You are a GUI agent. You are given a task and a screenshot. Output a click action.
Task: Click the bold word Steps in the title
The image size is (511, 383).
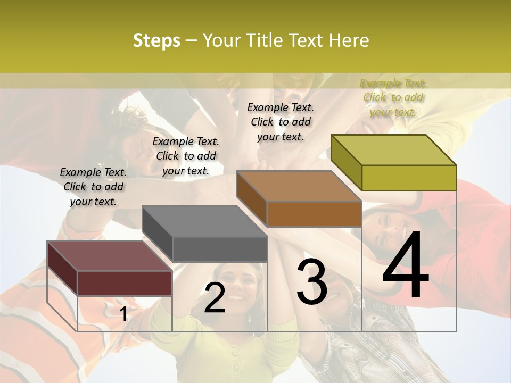(x=156, y=40)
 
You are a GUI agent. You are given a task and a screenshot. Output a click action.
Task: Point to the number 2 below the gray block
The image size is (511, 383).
(x=215, y=298)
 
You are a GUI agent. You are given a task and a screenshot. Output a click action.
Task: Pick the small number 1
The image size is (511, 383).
(x=123, y=314)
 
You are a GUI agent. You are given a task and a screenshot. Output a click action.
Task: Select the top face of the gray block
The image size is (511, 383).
(x=204, y=221)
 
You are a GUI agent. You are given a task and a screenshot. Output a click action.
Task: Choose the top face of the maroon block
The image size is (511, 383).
(x=110, y=256)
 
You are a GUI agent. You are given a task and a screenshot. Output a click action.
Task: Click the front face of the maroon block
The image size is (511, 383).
(x=125, y=282)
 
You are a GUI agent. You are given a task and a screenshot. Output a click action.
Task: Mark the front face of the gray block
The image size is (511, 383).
(x=220, y=249)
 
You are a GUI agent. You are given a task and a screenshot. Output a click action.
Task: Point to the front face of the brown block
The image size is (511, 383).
(x=314, y=214)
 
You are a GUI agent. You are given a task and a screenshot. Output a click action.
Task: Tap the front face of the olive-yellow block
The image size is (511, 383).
(x=409, y=178)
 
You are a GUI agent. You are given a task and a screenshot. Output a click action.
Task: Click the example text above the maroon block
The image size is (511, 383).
(x=93, y=187)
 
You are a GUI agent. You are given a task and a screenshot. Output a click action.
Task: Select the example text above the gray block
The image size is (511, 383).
(x=186, y=156)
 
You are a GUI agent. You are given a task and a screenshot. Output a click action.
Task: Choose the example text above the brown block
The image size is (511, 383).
(x=281, y=122)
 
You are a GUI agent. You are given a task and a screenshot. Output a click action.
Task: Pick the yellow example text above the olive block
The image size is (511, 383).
(x=393, y=98)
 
